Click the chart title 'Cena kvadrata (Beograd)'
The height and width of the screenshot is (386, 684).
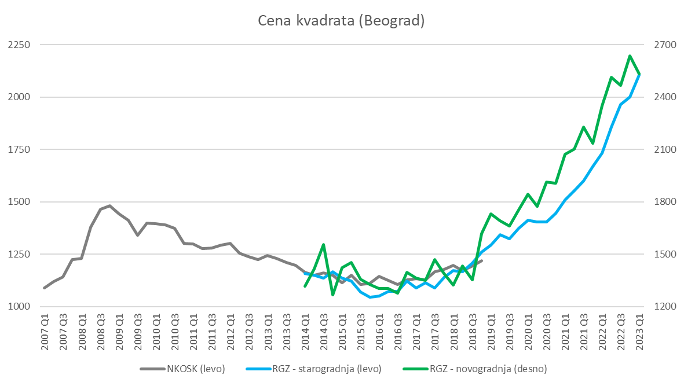(342, 21)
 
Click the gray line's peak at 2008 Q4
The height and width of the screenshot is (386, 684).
(109, 205)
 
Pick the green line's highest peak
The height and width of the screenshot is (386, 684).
(630, 56)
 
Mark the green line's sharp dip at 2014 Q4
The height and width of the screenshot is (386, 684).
(332, 295)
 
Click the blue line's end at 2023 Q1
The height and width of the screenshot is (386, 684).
(639, 74)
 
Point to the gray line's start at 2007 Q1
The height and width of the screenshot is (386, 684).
(45, 288)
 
